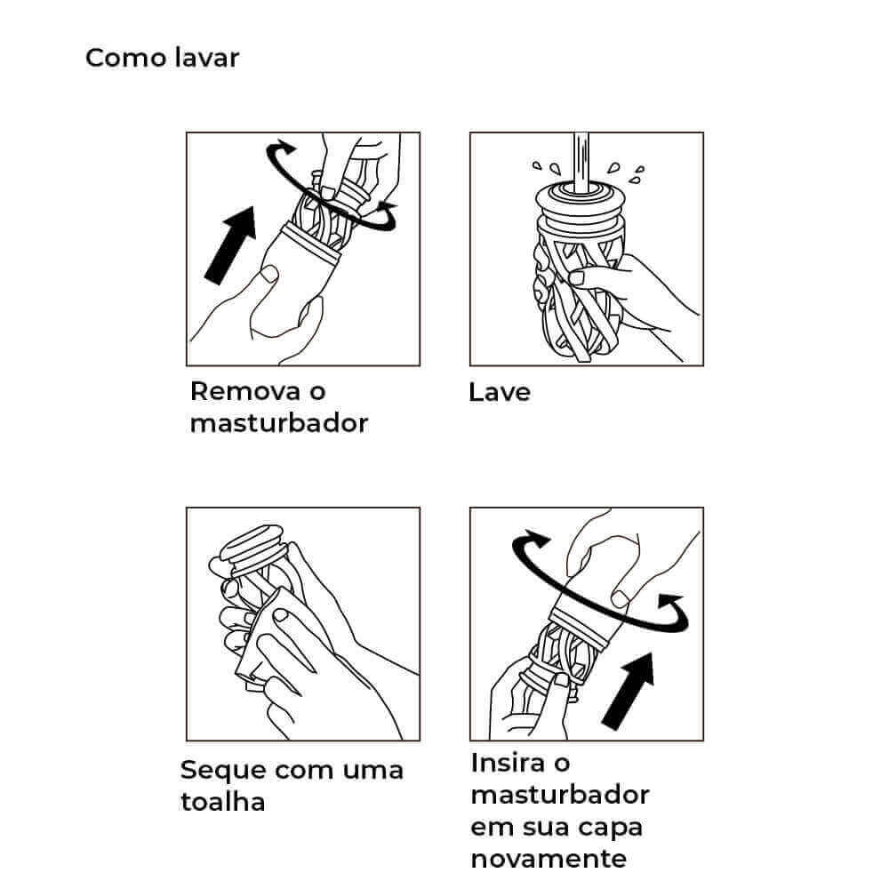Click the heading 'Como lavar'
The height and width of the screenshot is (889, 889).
162,58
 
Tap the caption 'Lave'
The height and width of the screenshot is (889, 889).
500,392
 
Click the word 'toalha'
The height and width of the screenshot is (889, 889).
223,802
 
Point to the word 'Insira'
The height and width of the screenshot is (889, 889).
506,763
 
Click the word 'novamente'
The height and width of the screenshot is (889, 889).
549,859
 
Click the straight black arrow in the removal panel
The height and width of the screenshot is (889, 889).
231,245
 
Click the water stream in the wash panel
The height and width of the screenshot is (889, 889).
581,164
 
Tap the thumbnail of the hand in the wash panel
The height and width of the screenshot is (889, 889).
577,277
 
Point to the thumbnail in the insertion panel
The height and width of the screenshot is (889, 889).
620,598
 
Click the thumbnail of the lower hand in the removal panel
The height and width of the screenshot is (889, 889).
269,274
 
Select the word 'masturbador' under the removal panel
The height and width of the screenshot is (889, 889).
279,423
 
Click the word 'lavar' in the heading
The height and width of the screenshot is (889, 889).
207,58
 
